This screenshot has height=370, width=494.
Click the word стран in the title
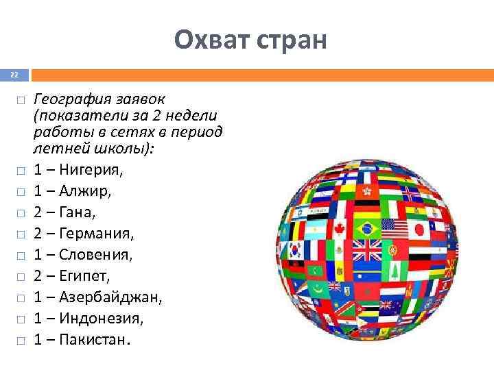click(x=288, y=40)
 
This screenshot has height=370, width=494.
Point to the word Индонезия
click(x=99, y=319)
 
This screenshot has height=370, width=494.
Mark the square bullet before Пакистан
click(x=21, y=341)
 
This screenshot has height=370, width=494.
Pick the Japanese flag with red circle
click(x=416, y=229)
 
